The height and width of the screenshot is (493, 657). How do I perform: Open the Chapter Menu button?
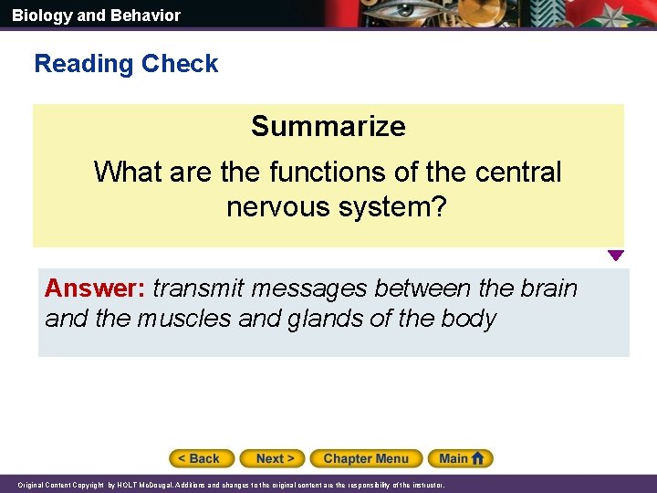pyautogui.click(x=366, y=458)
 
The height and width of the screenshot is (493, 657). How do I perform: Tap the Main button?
pyautogui.click(x=454, y=458)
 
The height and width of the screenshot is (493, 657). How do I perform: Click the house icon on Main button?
pyautogui.click(x=478, y=457)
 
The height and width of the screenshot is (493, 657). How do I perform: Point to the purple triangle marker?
pyautogui.click(x=616, y=257)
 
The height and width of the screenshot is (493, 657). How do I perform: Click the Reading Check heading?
pyautogui.click(x=126, y=64)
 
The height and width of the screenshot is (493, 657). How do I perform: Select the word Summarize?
pyautogui.click(x=328, y=126)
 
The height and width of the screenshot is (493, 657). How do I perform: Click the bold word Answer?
pyautogui.click(x=95, y=288)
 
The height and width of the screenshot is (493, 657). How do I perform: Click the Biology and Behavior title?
pyautogui.click(x=96, y=16)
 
